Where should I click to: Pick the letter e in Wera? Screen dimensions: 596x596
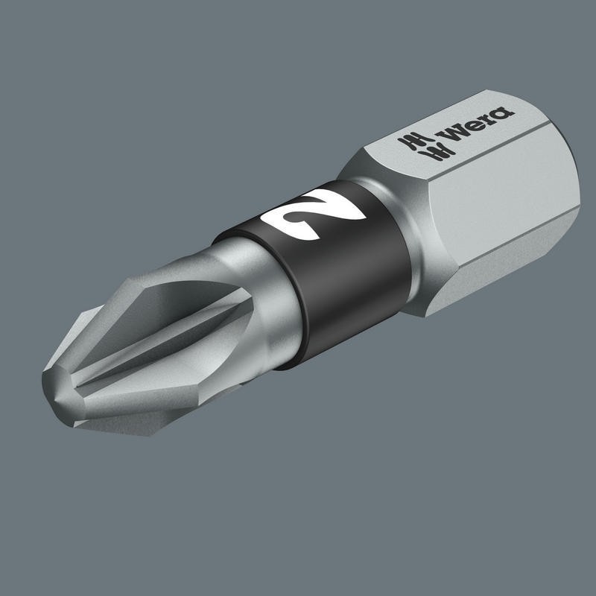pos(468,127)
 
